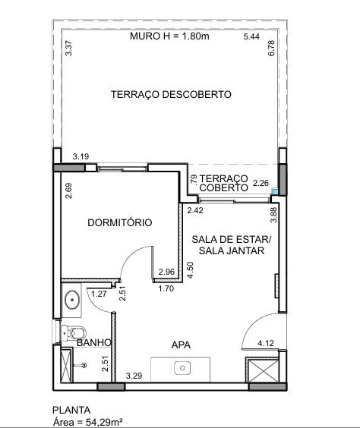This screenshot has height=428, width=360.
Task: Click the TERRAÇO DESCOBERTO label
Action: coord(171,94)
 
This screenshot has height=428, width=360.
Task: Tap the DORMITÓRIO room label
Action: coord(120,222)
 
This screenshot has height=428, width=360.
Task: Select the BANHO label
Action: coord(94,342)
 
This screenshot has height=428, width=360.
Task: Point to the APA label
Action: coord(181,345)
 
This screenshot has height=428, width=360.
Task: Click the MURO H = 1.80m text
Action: coord(169,36)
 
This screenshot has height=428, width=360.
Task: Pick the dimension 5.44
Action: coord(251,36)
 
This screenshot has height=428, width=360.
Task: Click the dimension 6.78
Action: coord(271,49)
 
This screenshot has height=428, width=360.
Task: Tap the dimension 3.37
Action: coord(69,48)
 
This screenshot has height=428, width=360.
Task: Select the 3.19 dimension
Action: coord(81,156)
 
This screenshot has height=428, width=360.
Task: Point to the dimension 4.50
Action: coord(191,270)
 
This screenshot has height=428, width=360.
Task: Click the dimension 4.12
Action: coord(266,343)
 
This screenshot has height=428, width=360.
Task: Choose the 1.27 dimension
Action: coord(99,294)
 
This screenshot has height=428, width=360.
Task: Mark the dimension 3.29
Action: coord(134,376)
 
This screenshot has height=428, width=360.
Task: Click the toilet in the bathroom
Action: coord(73,333)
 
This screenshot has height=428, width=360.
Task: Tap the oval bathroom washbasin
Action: coord(72,300)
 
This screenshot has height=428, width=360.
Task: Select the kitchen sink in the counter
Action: coord(182,368)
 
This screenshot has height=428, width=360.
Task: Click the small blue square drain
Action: coord(275,191)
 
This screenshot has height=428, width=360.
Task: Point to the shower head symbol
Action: coord(84,365)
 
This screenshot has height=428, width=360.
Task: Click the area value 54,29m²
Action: coord(104,422)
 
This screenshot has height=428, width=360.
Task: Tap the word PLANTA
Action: coord(71,411)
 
